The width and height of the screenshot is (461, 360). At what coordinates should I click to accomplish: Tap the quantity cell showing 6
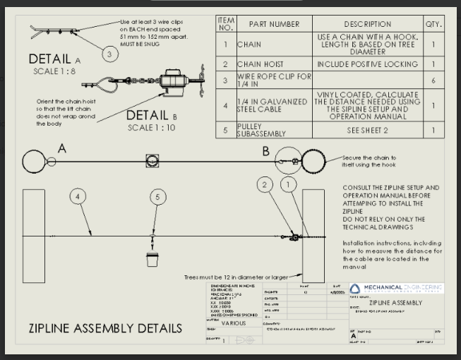(432, 80)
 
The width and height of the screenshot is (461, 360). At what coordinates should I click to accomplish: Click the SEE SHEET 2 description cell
(367, 129)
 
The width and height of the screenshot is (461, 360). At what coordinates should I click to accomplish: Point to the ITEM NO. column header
(226, 24)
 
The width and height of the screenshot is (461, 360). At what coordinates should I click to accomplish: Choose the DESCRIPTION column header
(367, 24)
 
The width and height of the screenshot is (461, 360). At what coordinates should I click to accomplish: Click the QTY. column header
(432, 24)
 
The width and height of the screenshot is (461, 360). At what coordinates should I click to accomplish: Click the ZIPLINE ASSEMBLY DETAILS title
(104, 328)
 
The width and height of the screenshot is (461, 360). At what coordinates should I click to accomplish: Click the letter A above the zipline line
(61, 148)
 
